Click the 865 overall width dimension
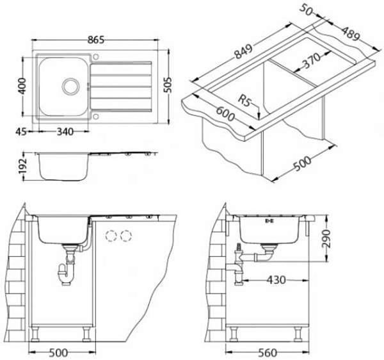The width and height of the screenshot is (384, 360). click(96, 40)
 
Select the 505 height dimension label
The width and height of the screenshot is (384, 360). click(168, 85)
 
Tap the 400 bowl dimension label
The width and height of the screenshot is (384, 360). click(22, 86)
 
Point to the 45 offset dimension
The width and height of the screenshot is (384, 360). click(21, 131)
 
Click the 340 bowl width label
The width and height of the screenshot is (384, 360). click(65, 132)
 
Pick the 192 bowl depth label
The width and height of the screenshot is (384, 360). click(22, 166)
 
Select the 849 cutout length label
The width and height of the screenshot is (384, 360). click(243, 51)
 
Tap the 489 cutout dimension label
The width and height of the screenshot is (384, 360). click(351, 33)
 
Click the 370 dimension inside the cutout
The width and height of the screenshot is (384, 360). click(311, 60)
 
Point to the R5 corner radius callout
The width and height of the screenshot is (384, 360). click(244, 101)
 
